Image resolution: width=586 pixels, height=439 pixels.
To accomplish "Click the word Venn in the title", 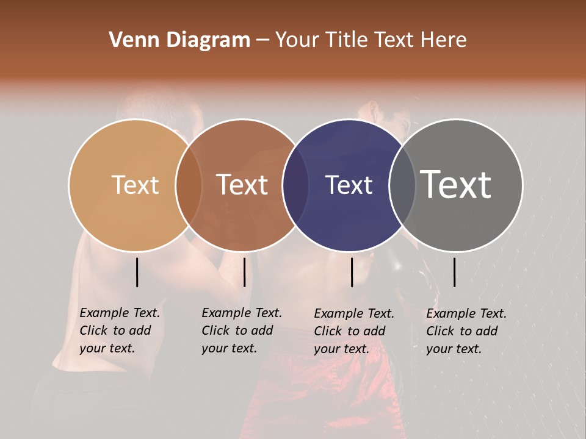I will click(128, 40).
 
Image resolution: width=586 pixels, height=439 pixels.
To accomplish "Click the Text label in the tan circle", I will click(135, 185).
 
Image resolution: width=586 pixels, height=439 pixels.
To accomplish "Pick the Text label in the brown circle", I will click(242, 185).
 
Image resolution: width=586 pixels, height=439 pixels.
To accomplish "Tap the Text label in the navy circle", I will click(349, 185).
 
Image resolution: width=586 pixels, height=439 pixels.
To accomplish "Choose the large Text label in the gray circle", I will click(456, 185).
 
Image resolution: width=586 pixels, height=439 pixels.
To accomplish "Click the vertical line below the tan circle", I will click(137, 272).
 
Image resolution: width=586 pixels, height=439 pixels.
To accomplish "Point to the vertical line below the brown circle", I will click(244, 272).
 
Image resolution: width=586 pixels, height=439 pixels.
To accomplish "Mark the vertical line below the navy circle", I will click(352, 272).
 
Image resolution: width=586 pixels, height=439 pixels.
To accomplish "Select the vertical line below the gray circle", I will click(454, 272).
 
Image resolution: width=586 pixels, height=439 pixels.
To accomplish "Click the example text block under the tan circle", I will click(120, 330).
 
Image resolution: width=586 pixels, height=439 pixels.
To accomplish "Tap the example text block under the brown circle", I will click(242, 330).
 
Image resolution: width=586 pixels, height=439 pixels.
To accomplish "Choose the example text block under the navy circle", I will click(354, 331).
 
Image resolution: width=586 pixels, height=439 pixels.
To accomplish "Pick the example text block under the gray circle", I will click(466, 331).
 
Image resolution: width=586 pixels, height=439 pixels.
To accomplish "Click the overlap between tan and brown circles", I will click(189, 185).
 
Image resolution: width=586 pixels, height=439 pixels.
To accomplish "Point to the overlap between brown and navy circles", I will click(295, 185).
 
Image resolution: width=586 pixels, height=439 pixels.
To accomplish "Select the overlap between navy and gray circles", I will click(402, 185).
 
